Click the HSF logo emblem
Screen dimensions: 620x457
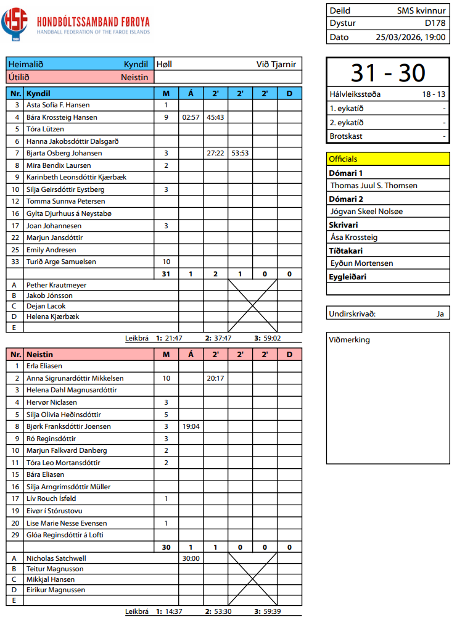click(x=15, y=24)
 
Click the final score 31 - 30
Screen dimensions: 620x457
click(x=388, y=73)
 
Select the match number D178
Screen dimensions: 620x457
click(x=435, y=23)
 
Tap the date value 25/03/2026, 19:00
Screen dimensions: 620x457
click(x=410, y=37)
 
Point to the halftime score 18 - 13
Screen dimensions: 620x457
click(x=434, y=94)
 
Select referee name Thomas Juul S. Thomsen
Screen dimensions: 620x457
click(x=374, y=185)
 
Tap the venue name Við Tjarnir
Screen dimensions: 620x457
click(x=276, y=64)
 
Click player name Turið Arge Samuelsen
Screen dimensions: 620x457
click(x=60, y=262)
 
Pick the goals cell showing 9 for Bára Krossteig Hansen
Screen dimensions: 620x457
click(x=166, y=117)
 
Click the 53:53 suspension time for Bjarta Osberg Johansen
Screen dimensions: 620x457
click(x=240, y=153)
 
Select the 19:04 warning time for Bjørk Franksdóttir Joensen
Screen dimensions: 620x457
click(x=191, y=426)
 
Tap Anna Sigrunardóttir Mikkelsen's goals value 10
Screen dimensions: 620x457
click(x=166, y=378)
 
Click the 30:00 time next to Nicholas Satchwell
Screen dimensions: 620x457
click(x=191, y=558)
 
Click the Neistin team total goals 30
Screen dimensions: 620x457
click(x=166, y=547)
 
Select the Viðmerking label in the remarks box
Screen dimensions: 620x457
click(x=350, y=340)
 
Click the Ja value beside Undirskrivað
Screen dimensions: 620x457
click(x=440, y=313)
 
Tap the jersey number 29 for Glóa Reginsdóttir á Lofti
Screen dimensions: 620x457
click(x=15, y=534)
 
